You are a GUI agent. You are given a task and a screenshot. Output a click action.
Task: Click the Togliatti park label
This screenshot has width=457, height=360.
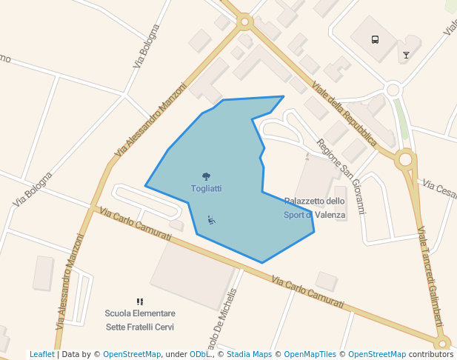pos(206,189)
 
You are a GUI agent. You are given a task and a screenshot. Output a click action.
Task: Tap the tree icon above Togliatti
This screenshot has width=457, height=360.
pos(206,176)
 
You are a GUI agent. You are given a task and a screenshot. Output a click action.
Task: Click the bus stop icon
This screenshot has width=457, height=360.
pos(375,39)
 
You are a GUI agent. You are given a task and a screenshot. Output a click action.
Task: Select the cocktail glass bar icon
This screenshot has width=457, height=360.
pos(406,55)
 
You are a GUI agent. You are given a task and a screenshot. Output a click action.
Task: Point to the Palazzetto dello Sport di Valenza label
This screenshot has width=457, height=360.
pos(315,207)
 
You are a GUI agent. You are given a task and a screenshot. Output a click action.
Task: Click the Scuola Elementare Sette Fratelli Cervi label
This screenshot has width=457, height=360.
pos(140,320)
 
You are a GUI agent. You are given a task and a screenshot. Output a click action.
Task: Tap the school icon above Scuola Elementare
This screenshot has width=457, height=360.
pos(139,301)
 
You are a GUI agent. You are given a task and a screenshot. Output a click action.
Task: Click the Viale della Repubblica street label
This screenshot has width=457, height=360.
pos(344,112)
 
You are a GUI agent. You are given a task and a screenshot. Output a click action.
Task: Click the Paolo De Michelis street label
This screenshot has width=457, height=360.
pos(221,319)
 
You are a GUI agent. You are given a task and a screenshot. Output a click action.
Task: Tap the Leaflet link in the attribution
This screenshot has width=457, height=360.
pos(41,354)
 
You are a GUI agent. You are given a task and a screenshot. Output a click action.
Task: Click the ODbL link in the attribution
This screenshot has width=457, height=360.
pos(199,354)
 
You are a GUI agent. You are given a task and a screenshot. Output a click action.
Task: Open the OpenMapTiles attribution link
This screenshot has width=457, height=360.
pos(309,354)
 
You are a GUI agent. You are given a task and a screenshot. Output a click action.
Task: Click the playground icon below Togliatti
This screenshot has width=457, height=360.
pos(212,219)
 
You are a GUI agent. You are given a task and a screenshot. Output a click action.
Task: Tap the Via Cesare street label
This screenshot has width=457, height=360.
pos(440,188)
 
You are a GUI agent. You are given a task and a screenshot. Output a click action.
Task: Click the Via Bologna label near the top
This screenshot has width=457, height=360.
pos(147,46)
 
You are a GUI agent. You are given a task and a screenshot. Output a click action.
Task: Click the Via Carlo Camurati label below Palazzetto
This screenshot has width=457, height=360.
pos(307,293)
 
